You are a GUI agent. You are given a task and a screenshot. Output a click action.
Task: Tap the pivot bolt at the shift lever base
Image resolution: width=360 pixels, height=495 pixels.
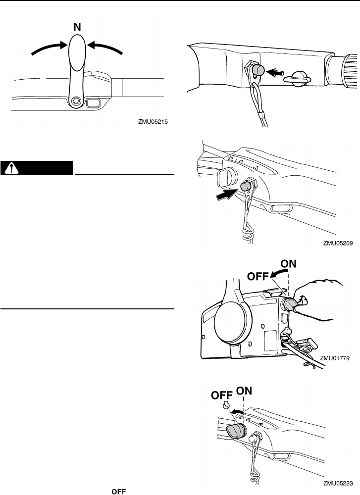75,101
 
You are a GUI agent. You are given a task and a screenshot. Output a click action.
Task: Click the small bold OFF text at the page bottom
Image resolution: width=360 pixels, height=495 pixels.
117,491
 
